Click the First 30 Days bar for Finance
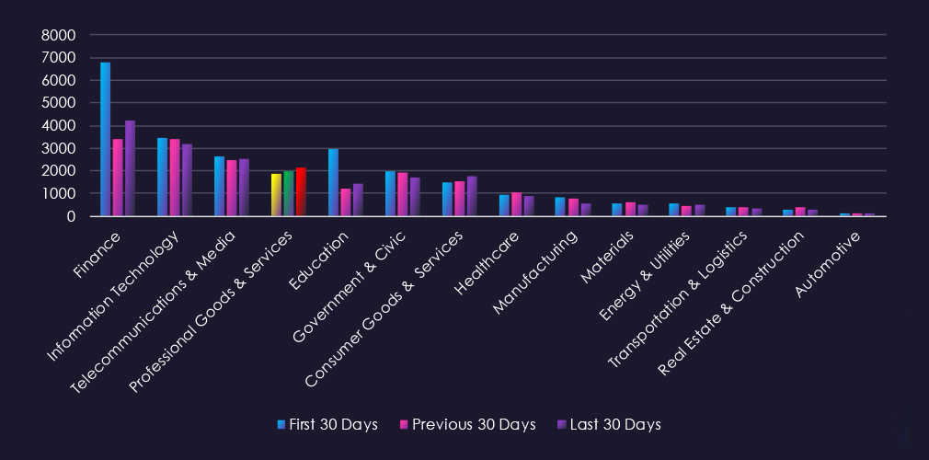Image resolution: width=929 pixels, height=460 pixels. pos(105,139)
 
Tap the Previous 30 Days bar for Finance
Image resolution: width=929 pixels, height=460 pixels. pos(118,178)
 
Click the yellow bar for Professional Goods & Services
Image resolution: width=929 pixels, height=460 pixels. pos(276,194)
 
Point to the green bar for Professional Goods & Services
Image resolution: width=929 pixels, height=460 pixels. pos(289,193)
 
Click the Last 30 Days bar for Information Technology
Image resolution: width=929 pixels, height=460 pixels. pos(187,180)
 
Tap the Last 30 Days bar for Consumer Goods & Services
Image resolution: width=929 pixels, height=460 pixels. pos(472,196)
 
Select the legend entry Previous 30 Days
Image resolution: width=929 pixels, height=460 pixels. pos(466,424)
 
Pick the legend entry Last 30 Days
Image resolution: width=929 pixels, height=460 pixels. pos(608,424)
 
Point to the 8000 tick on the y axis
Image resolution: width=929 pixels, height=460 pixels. pos(59,35)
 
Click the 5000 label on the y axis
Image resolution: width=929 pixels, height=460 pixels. pos(59,103)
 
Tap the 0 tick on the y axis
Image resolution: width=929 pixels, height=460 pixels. pos(70,216)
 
